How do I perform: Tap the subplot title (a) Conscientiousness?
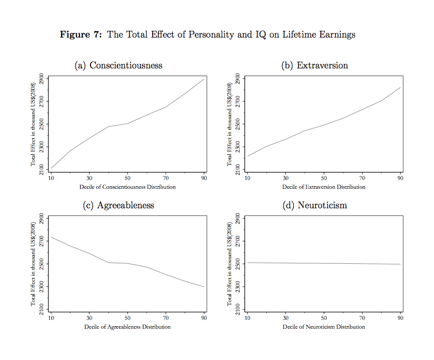pos(118,65)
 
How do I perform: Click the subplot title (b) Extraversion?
pos(315,65)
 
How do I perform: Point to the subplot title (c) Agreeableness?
pos(118,205)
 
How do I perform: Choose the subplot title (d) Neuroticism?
pos(315,205)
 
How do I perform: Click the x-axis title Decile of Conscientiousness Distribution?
pos(128,187)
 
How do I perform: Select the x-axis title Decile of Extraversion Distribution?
pos(324,187)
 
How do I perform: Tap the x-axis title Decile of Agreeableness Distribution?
pos(128,327)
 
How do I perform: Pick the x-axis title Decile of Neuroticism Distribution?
pos(324,327)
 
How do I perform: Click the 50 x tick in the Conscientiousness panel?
pos(128,178)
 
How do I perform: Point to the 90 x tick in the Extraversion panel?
pos(400,178)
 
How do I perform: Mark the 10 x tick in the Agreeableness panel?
pos(51,318)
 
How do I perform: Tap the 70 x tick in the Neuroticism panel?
pos(362,318)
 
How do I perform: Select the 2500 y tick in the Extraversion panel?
pos(238,124)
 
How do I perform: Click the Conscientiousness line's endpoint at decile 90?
pos(204,79)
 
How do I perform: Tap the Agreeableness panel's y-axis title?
pos(33,264)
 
